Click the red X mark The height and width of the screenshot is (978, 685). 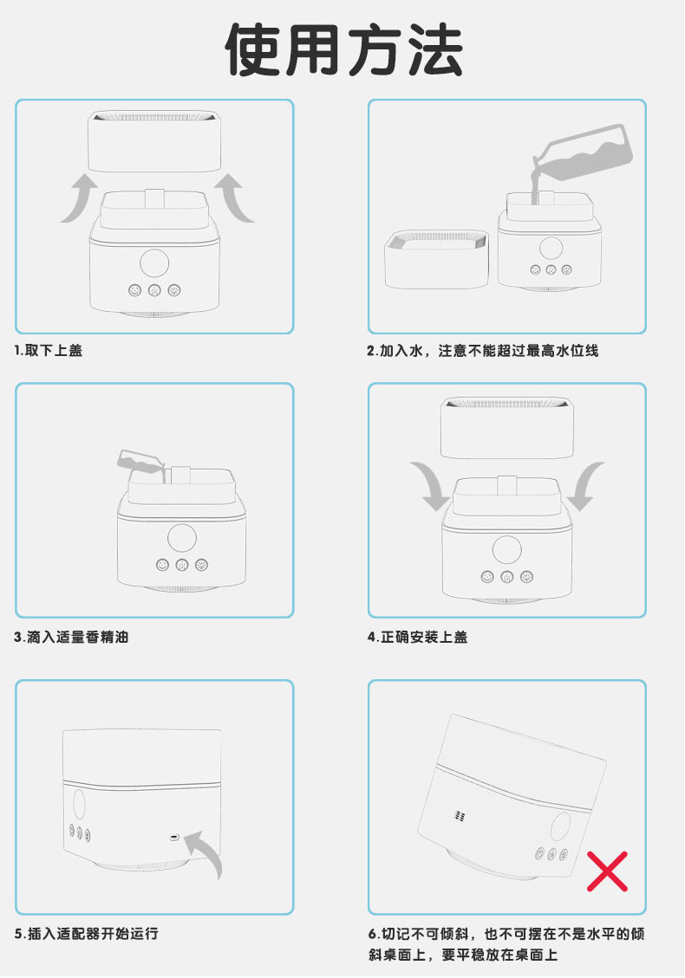[x=607, y=871]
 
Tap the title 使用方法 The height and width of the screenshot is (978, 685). [x=343, y=50]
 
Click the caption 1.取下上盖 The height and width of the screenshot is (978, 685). [x=48, y=351]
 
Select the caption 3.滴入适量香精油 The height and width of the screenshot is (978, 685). [x=71, y=637]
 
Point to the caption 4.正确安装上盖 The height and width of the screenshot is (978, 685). [x=417, y=637]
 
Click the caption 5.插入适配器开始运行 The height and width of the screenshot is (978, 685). [x=86, y=934]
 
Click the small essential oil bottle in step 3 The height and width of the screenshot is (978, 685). [x=141, y=463]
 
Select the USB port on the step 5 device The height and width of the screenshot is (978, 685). [x=174, y=837]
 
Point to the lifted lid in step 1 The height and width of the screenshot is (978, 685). [x=154, y=141]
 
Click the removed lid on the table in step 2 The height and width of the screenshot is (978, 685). [x=436, y=259]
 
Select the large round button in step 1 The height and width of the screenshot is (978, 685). [x=154, y=262]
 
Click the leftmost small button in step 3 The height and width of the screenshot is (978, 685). [x=162, y=565]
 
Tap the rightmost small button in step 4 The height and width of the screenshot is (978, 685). [x=527, y=577]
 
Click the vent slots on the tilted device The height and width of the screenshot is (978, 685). [x=460, y=816]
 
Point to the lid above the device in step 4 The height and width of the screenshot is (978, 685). [x=507, y=428]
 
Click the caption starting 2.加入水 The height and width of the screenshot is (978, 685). [x=483, y=351]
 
